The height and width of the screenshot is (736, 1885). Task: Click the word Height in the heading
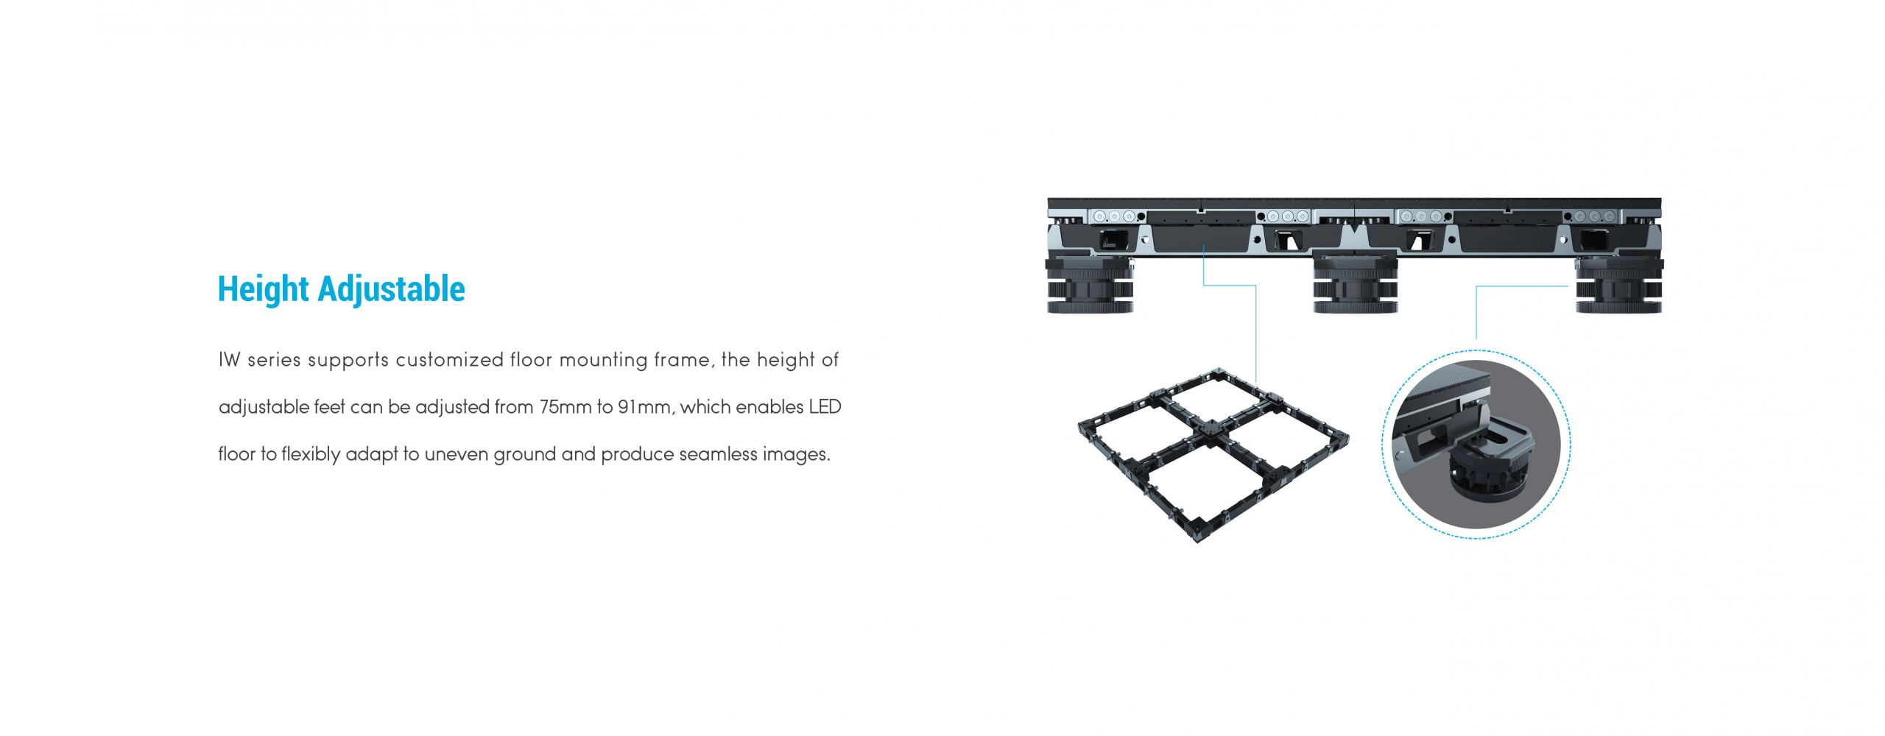[x=263, y=289]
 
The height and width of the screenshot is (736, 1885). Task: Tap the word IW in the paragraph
[x=229, y=360]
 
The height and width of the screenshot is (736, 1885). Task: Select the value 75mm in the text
[x=565, y=407]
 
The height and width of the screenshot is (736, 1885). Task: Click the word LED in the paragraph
[x=825, y=407]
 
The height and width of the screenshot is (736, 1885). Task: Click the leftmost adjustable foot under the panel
[x=1091, y=284]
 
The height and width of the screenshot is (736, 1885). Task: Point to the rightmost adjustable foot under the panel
[x=1618, y=284]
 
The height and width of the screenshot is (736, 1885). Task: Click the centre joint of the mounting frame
[x=1211, y=428]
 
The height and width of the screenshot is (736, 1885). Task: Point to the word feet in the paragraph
[x=329, y=407]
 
